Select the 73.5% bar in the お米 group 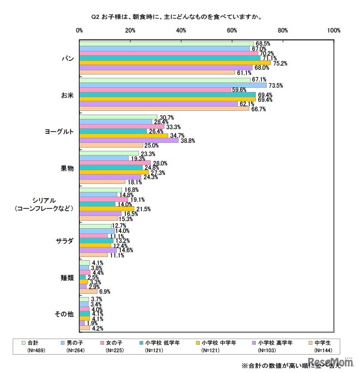[173, 85]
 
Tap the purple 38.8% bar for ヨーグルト [129, 140]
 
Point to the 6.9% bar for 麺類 [88, 291]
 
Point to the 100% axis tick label [334, 31]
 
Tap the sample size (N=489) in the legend [36, 351]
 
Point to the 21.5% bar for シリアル [106, 208]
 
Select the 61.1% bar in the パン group [157, 73]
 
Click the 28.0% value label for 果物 [160, 163]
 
